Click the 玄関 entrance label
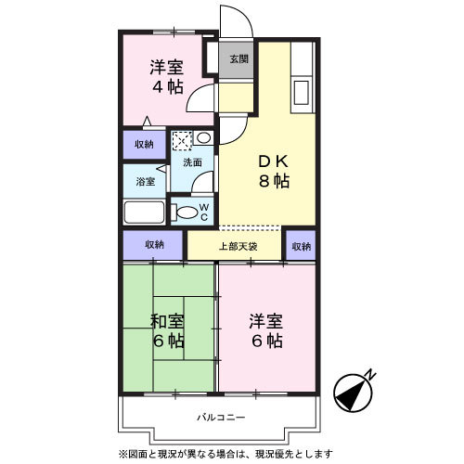[239, 58]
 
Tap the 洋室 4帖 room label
[167, 77]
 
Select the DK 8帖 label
[274, 171]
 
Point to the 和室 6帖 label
[168, 331]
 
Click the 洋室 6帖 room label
[266, 331]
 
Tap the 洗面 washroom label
[192, 162]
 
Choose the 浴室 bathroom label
[146, 181]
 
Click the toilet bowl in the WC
[185, 213]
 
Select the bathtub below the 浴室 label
[144, 213]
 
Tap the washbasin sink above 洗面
[203, 137]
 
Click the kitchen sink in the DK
[301, 93]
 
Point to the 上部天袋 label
[238, 247]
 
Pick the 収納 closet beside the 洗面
[145, 145]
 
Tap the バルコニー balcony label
[221, 418]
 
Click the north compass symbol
[353, 393]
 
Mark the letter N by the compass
[371, 375]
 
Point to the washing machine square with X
[182, 141]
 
